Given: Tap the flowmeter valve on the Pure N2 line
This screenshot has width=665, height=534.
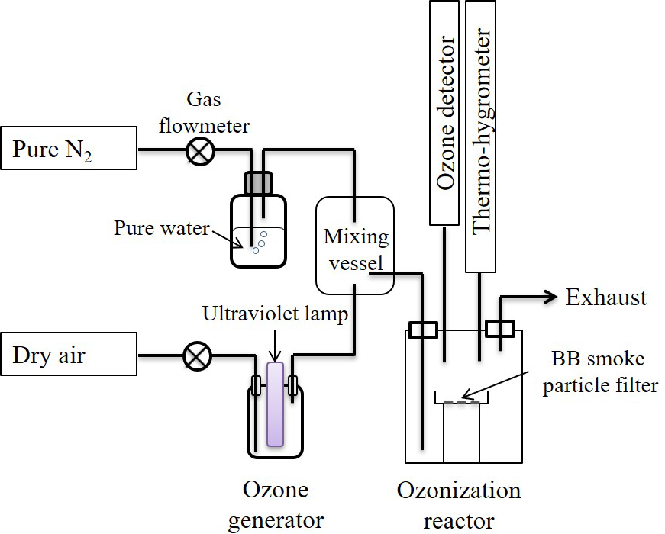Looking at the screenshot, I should (x=201, y=151).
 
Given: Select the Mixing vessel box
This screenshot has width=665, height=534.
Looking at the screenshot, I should (x=355, y=246).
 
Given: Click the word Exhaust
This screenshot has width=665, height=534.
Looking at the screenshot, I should (x=606, y=297).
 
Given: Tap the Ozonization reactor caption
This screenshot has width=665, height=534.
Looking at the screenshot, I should (x=458, y=504).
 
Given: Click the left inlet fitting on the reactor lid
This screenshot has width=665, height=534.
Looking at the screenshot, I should (x=422, y=330).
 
